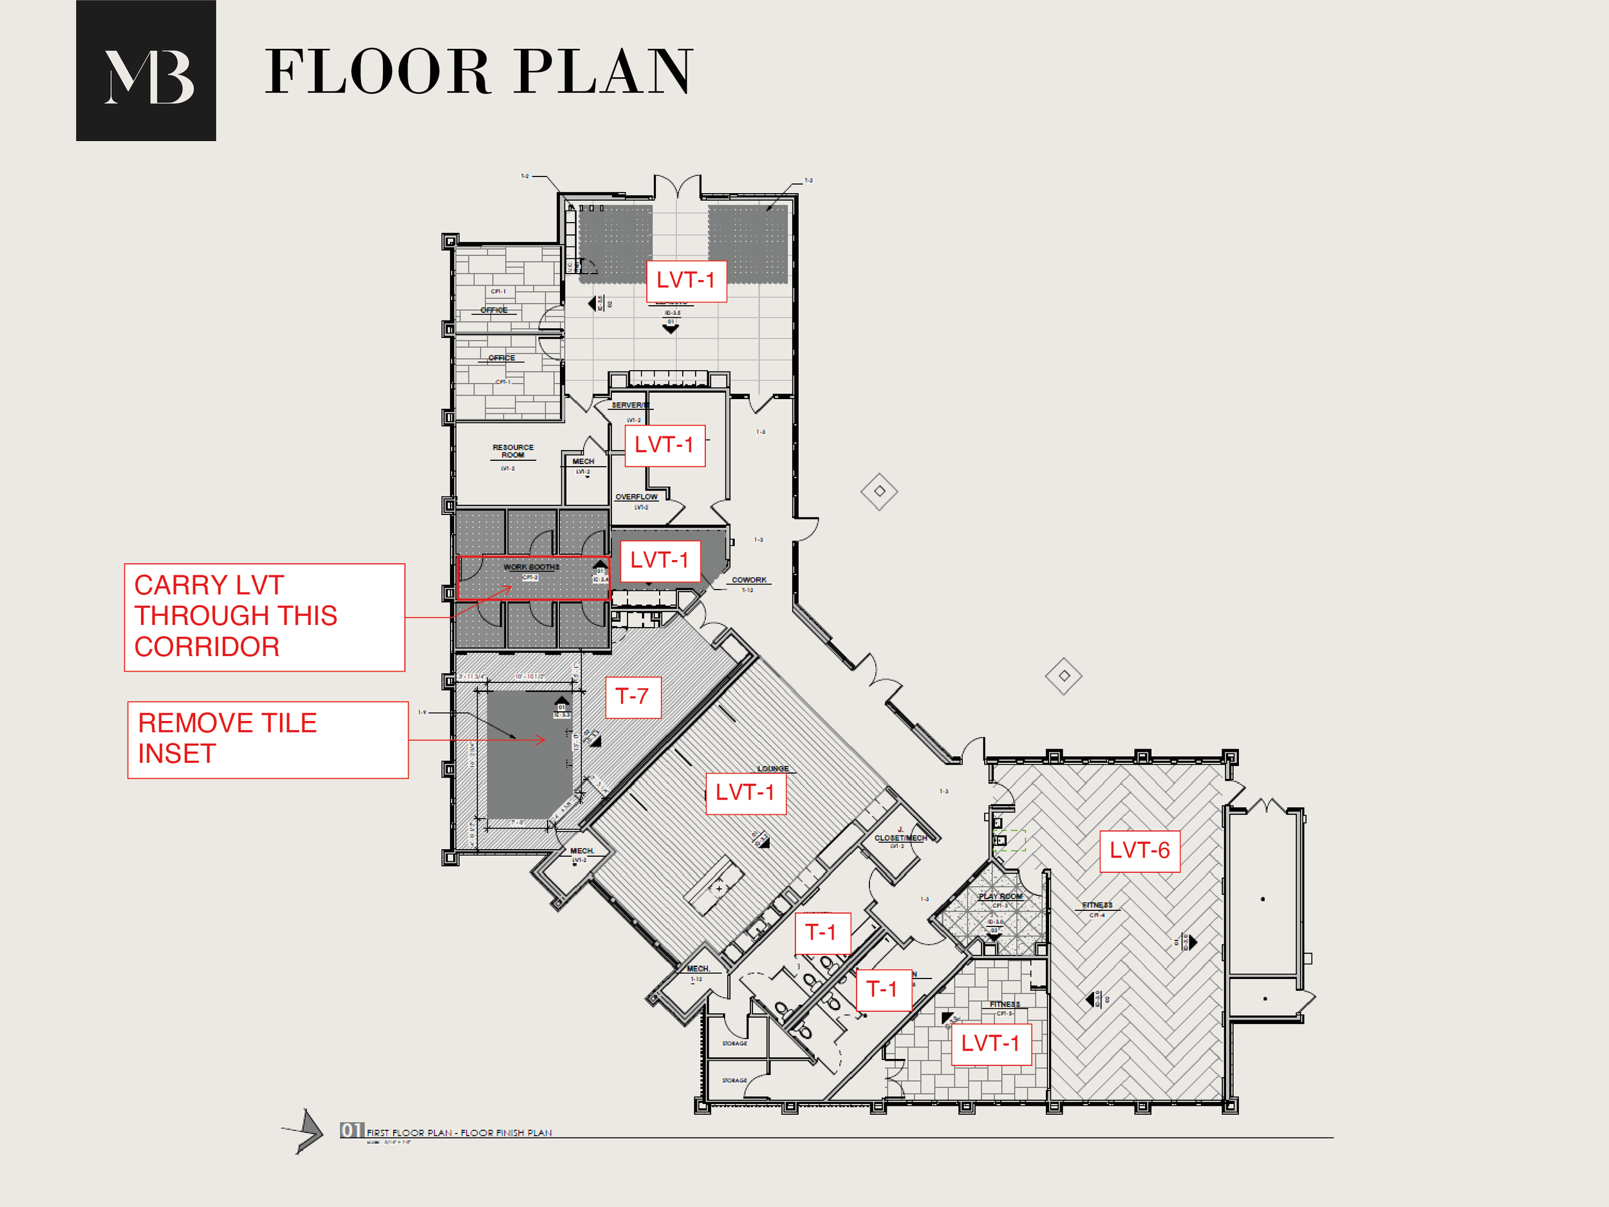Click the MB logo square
[145, 71]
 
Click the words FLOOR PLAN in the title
[478, 72]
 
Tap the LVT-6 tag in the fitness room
[1139, 850]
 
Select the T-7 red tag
[632, 697]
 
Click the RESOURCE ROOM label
[513, 451]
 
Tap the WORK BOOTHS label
[531, 566]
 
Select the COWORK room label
[749, 580]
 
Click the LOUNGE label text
[772, 768]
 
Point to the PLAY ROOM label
[1000, 896]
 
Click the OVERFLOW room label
[636, 497]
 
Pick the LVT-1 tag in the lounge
[745, 792]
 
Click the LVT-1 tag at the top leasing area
[686, 280]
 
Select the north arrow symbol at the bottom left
[306, 1131]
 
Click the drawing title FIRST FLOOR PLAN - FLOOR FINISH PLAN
[458, 1133]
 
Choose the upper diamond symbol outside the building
[879, 491]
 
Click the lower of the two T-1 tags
[882, 989]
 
